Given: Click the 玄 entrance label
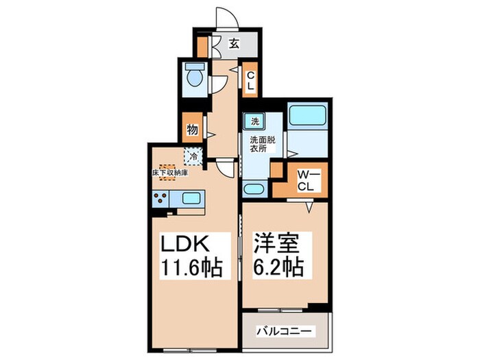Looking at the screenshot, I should [x=234, y=43].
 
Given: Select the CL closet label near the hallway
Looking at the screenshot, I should [x=251, y=82].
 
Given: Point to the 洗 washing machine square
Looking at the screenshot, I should [x=254, y=121].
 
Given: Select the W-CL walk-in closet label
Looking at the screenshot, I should [x=305, y=180].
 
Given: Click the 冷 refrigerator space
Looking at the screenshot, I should [x=194, y=156].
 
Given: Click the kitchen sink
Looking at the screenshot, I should [x=191, y=200].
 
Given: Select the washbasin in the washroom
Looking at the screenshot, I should [x=254, y=189].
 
